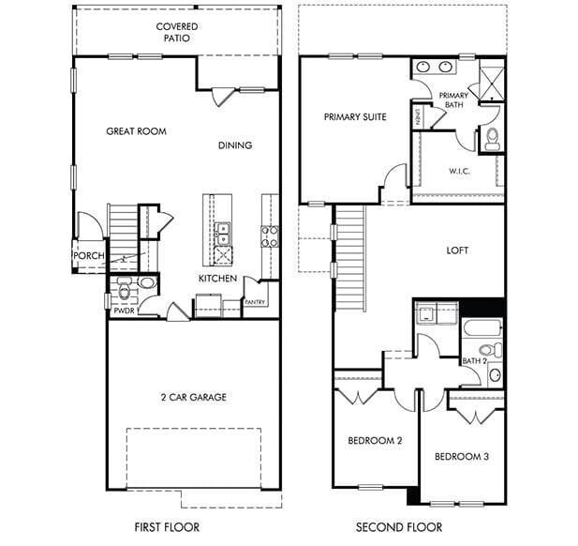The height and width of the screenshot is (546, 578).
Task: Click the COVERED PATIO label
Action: coord(177,33)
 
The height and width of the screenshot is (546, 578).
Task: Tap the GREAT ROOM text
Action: coord(136,131)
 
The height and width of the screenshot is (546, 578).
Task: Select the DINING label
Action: coord(235,145)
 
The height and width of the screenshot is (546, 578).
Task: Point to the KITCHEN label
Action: coord(216,279)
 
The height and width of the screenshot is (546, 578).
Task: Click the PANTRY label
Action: coord(255,302)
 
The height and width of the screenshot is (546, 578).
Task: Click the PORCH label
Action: coord(88,255)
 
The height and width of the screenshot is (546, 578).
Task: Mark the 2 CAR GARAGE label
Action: coord(192,397)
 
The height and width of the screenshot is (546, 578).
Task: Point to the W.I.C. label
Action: coord(458,171)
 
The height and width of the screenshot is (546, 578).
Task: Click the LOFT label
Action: coord(457,250)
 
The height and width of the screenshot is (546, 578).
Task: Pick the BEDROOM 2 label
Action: coord(375,440)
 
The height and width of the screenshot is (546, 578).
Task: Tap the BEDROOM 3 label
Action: coord(461,456)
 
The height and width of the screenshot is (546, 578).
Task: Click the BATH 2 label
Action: coord(473,360)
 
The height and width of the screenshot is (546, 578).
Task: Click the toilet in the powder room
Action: coord(147,284)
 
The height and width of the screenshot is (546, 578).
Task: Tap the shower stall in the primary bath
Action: coord(490,80)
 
